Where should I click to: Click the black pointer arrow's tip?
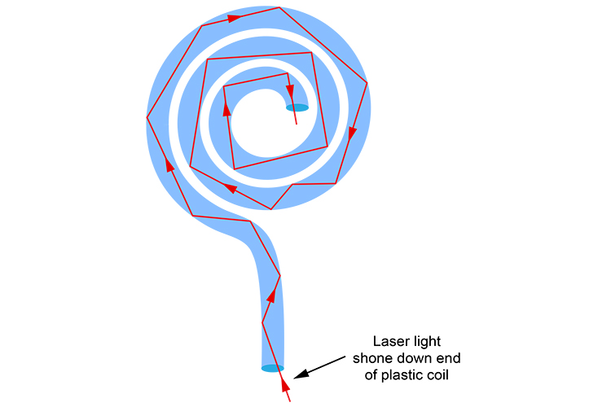(294, 377)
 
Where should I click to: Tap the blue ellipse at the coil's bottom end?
(272, 369)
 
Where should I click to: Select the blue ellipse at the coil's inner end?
(297, 107)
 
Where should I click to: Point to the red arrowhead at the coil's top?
(234, 16)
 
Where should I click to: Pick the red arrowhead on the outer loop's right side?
(353, 133)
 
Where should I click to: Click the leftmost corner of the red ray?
(147, 117)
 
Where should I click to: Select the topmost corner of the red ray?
(279, 7)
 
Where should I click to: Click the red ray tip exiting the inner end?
(297, 124)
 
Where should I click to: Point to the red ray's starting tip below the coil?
(289, 402)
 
